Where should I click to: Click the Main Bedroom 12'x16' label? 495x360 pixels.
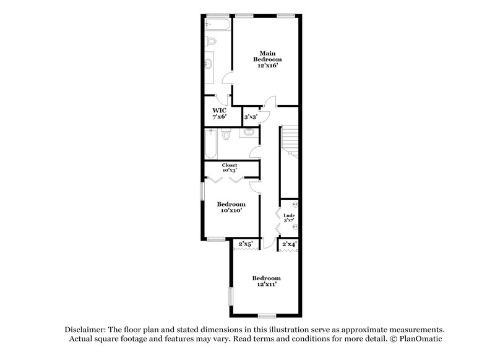pos(267,59)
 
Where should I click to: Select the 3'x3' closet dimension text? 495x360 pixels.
pos(251,116)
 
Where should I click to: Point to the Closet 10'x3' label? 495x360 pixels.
pos(230,168)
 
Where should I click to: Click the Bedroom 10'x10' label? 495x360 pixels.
pos(231,207)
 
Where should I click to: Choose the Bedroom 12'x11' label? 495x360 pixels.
pos(267,281)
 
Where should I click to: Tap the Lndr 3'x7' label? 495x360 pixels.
pos(288,217)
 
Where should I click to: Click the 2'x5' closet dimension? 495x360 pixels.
pos(246,244)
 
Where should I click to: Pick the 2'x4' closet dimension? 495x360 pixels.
pos(289,244)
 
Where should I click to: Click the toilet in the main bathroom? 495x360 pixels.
pos(211,41)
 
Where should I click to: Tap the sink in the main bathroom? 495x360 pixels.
pos(210,62)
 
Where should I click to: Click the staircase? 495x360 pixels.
pos(290,148)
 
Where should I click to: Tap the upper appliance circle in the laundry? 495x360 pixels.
pos(295,204)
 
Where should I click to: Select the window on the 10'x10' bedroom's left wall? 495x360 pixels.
pos(202,191)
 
